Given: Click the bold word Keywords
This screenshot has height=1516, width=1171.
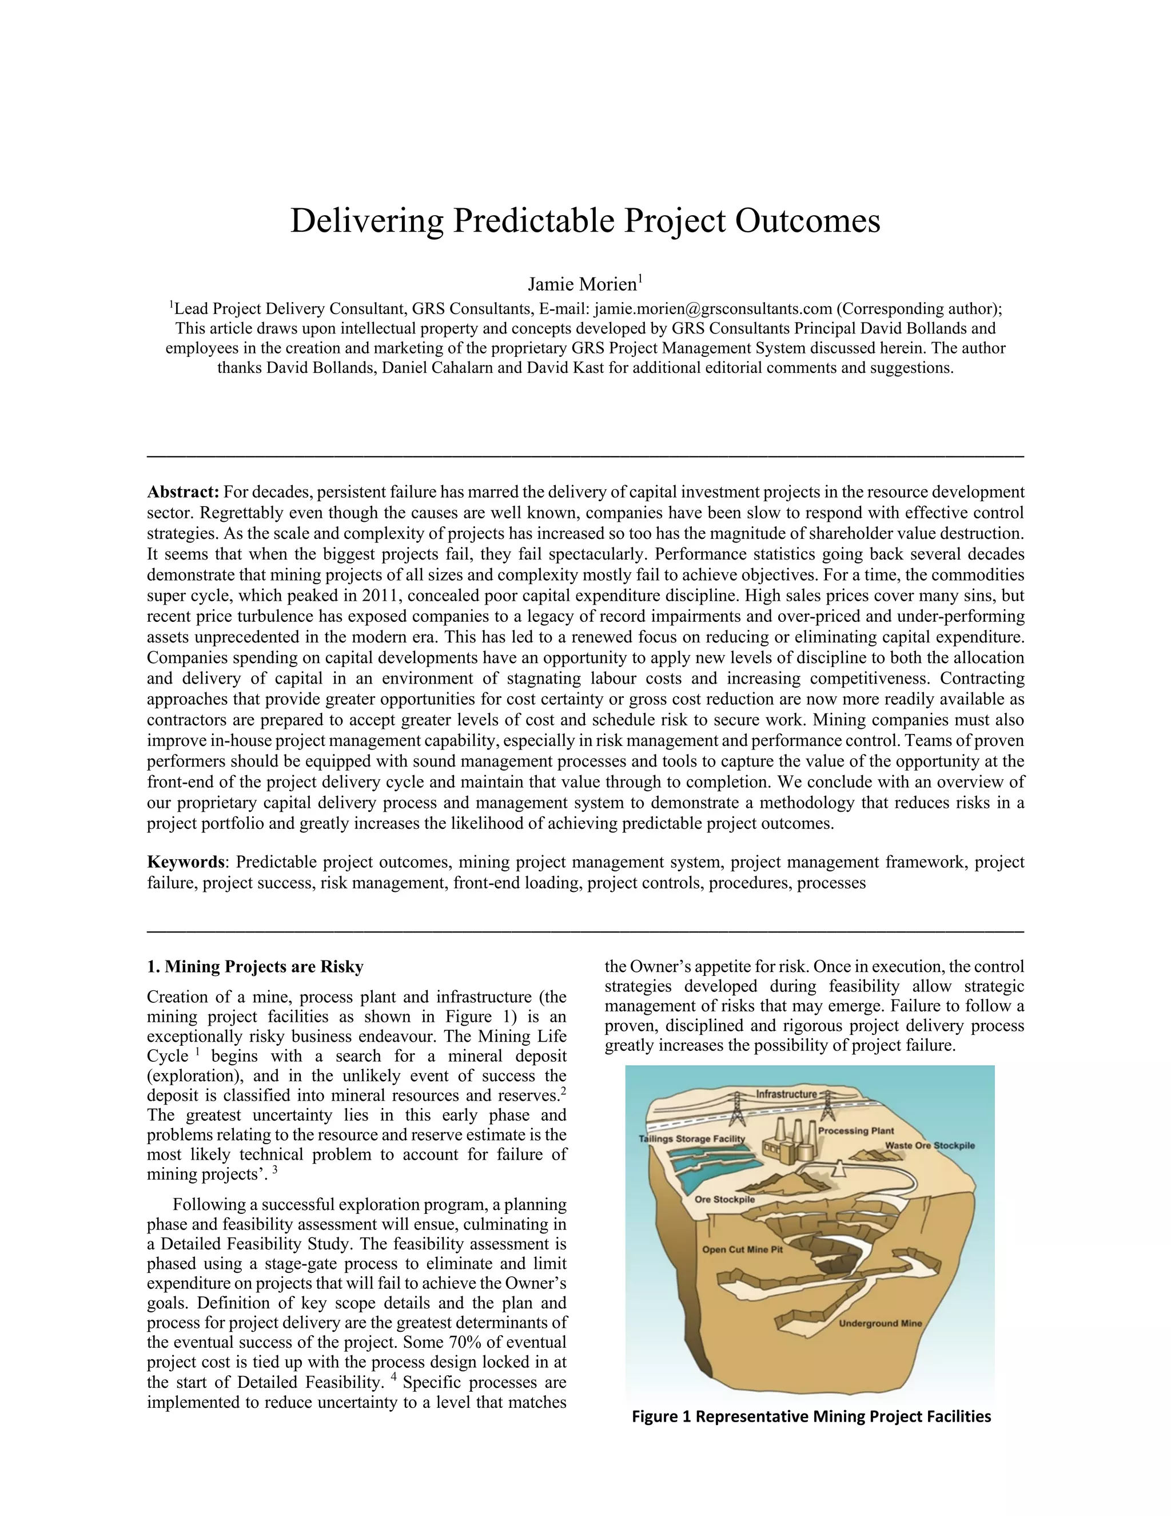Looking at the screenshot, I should click(x=185, y=862).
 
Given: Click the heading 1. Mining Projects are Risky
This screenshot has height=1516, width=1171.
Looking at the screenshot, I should click(x=254, y=967).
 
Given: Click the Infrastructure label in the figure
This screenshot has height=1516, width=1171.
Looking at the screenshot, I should click(x=786, y=1094).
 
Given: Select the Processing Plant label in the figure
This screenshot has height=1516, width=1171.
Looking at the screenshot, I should click(x=855, y=1131).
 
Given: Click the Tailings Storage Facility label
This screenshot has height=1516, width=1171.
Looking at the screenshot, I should click(x=692, y=1139).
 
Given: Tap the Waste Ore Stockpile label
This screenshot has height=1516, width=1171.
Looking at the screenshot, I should click(x=930, y=1145).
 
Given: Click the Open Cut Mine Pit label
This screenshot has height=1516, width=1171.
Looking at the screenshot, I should click(x=742, y=1249).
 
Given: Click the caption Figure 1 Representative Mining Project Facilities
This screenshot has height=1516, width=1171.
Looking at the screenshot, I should click(x=811, y=1416).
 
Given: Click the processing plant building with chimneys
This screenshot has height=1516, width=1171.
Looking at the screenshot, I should click(x=791, y=1145).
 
